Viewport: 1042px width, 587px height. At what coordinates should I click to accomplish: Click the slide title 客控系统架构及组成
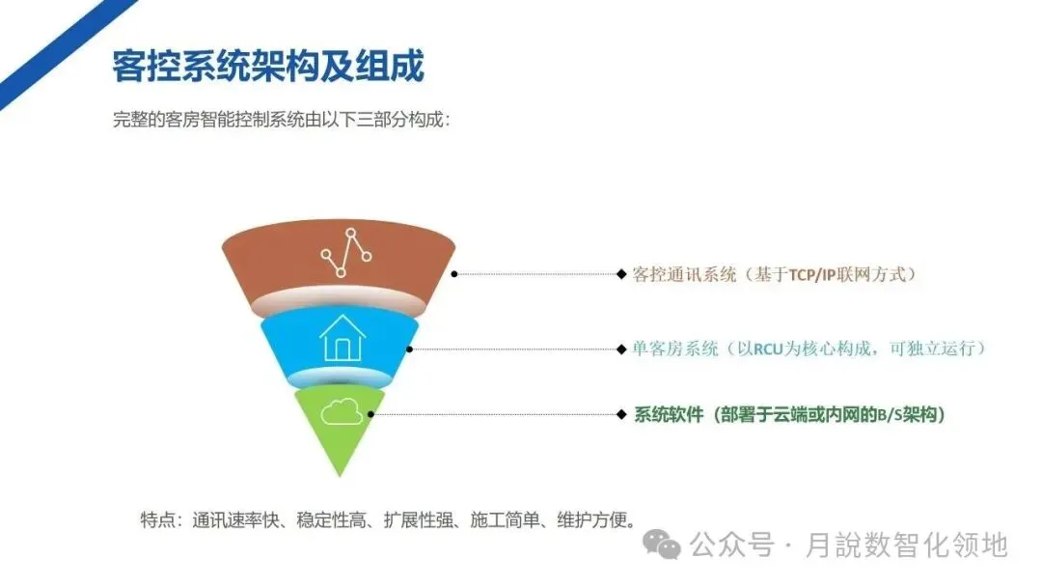268,68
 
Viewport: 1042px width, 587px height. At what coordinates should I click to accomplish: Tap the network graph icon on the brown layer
346,254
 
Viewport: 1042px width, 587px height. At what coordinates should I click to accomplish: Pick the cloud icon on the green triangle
342,412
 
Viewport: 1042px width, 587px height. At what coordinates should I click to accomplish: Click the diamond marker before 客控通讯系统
621,274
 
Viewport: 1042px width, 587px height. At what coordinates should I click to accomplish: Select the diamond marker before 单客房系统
621,349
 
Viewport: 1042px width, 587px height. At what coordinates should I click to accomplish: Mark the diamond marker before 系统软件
621,415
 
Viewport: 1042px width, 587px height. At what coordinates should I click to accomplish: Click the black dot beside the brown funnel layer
454,274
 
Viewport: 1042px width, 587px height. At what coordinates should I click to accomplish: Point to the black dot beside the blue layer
410,349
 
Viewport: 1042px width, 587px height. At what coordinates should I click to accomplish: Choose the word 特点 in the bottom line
158,519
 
